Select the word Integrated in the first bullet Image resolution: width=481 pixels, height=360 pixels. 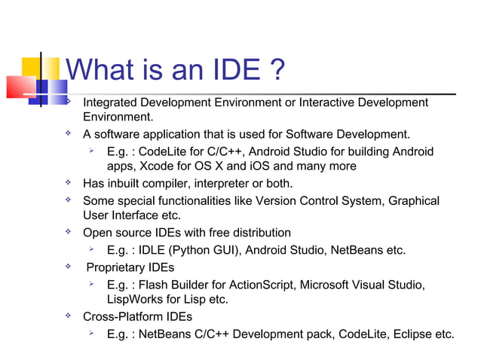(x=112, y=102)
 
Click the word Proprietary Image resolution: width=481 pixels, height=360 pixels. (x=118, y=267)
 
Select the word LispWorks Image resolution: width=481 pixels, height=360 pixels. (x=136, y=300)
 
